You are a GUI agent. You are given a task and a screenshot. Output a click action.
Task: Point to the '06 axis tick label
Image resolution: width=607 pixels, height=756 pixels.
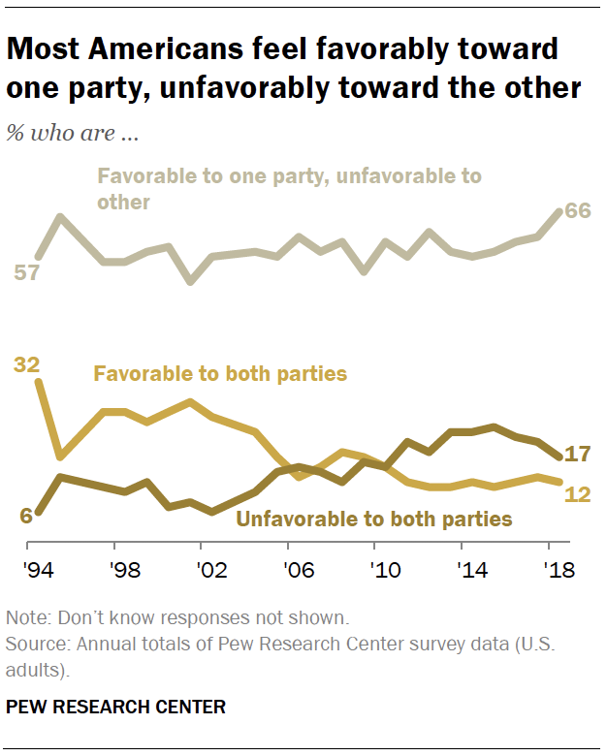(x=289, y=569)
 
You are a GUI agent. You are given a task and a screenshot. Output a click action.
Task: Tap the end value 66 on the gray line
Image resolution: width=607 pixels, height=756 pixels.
(x=578, y=212)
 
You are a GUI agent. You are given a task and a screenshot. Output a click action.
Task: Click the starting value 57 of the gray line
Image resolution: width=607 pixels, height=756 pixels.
(x=26, y=272)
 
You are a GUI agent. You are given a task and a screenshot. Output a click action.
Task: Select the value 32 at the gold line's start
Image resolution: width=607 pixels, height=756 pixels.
(x=27, y=365)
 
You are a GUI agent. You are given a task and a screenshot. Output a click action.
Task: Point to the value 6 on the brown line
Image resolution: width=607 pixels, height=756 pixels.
(x=26, y=515)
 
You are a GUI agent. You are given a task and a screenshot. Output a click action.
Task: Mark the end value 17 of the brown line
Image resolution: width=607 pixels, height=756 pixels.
(x=579, y=454)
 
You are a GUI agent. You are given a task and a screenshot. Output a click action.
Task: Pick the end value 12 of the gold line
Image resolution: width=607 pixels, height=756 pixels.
(x=579, y=493)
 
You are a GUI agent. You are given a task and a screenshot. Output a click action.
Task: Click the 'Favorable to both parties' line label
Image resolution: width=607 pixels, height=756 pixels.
(x=219, y=373)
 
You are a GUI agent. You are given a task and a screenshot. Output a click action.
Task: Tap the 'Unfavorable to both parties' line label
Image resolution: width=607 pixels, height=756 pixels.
(x=374, y=519)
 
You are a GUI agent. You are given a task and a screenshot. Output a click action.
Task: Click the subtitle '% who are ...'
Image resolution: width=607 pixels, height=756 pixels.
(x=72, y=133)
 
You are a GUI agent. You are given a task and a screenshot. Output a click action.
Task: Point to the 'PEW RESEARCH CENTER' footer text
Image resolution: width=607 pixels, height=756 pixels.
(x=115, y=707)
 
